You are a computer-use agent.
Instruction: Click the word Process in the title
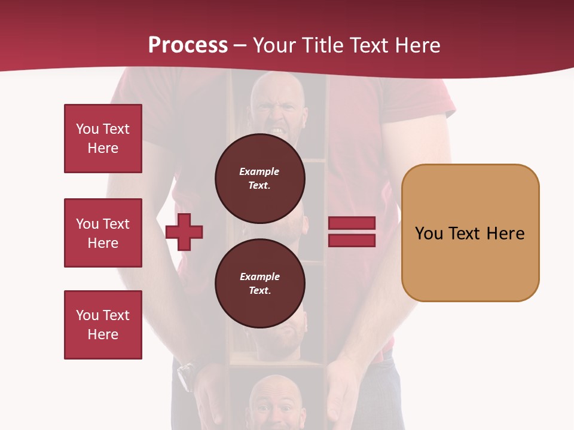188,45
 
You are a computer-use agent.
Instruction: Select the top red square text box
103,139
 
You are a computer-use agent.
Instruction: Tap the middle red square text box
103,233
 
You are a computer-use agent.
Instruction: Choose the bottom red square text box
103,325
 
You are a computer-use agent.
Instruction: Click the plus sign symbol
184,232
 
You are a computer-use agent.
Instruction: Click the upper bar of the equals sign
352,223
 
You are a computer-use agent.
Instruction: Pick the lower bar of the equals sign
352,240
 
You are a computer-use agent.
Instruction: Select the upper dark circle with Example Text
260,178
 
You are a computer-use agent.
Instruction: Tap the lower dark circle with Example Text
260,283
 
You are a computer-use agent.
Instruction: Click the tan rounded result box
470,233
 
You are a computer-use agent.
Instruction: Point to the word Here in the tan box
505,234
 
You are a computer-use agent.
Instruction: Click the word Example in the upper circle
259,171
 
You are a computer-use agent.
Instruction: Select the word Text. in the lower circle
259,291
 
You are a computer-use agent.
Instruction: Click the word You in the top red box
87,129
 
